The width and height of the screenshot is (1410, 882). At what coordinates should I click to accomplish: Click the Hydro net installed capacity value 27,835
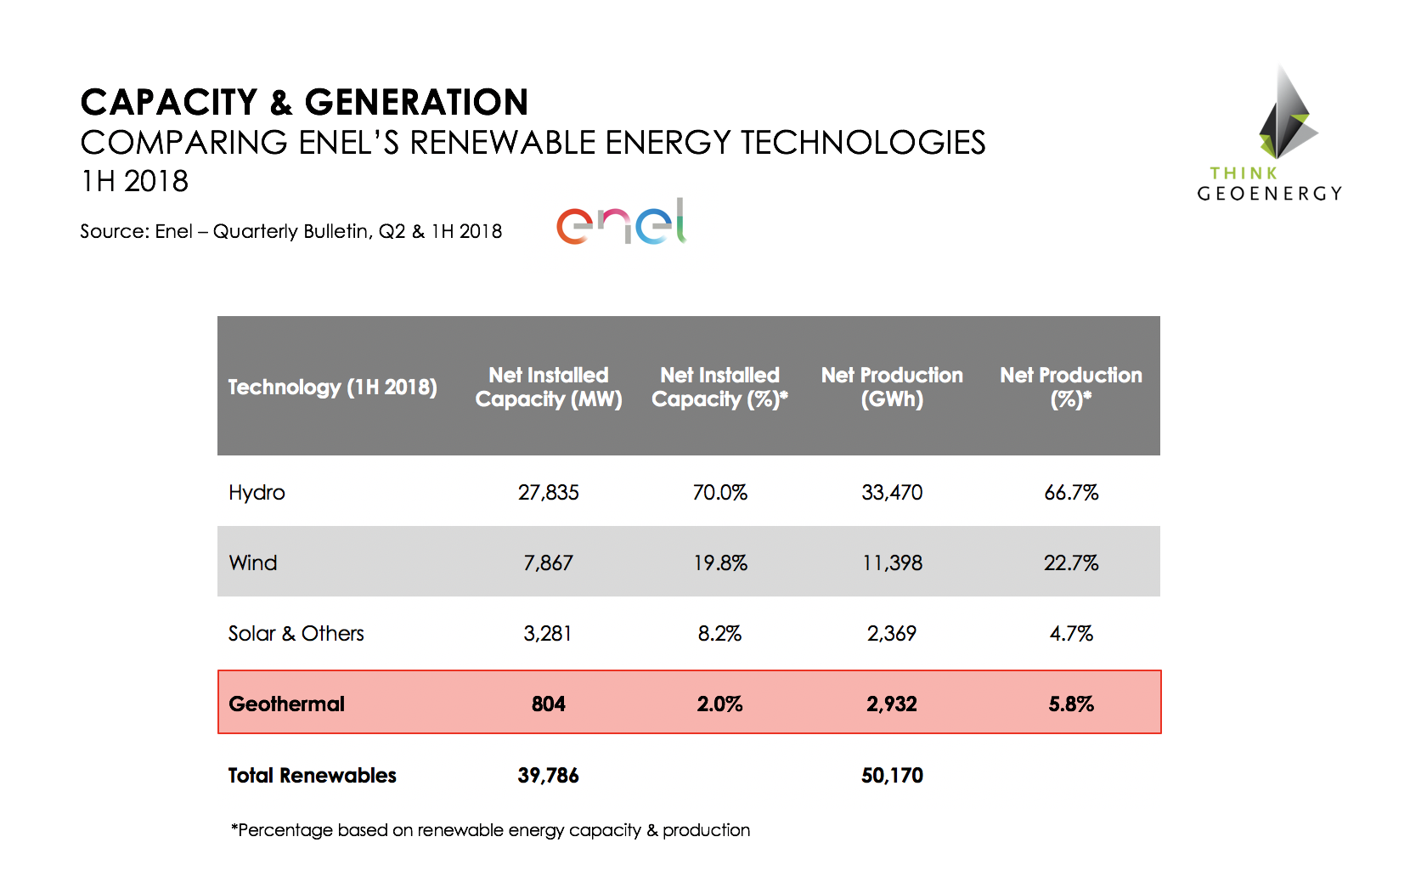pyautogui.click(x=548, y=492)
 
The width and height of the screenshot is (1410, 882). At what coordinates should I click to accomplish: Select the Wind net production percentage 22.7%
pyautogui.click(x=1070, y=563)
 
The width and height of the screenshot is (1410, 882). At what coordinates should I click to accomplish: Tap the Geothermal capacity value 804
pyautogui.click(x=548, y=704)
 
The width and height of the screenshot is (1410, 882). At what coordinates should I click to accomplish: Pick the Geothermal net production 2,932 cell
pyautogui.click(x=891, y=704)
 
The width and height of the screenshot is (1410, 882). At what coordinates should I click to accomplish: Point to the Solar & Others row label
pyautogui.click(x=296, y=633)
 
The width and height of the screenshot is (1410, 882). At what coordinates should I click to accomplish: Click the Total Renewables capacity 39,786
pyautogui.click(x=548, y=775)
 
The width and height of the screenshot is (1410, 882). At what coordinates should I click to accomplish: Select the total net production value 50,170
pyautogui.click(x=891, y=775)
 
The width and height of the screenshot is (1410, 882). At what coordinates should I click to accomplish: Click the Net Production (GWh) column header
pyautogui.click(x=891, y=387)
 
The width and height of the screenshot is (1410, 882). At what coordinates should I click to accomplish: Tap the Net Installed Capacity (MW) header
pyautogui.click(x=548, y=387)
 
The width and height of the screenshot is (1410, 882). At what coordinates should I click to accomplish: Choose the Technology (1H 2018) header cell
pyautogui.click(x=332, y=387)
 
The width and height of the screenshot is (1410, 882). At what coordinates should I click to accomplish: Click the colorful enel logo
pyautogui.click(x=621, y=222)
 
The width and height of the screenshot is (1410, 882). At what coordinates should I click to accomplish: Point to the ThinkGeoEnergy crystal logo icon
pyautogui.click(x=1286, y=115)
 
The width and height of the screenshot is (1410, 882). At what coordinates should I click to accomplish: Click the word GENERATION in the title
pyautogui.click(x=416, y=102)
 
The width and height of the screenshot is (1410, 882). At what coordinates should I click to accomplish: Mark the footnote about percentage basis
pyautogui.click(x=490, y=830)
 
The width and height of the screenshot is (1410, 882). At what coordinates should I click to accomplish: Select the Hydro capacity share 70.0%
pyautogui.click(x=719, y=492)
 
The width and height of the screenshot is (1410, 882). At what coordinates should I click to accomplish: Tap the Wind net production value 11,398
pyautogui.click(x=891, y=563)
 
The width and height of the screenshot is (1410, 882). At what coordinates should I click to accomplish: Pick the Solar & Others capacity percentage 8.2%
pyautogui.click(x=719, y=633)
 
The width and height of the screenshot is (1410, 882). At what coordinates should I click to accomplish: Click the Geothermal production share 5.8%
pyautogui.click(x=1070, y=704)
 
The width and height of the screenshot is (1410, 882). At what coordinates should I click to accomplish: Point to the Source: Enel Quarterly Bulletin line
pyautogui.click(x=290, y=231)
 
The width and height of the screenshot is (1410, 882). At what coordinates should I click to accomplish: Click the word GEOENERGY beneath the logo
pyautogui.click(x=1269, y=194)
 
